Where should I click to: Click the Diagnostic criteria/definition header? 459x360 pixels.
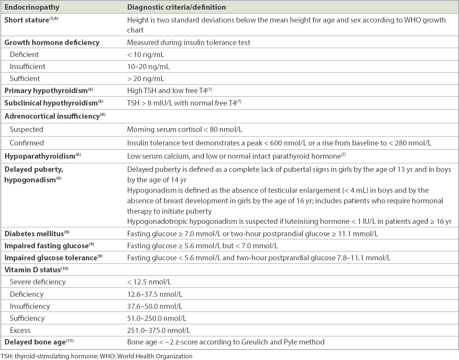tap(177, 7)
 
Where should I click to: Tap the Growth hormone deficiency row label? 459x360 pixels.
tap(52, 42)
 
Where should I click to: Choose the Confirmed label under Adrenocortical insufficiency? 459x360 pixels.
tap(27, 143)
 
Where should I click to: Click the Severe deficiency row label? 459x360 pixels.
tap(38, 282)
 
